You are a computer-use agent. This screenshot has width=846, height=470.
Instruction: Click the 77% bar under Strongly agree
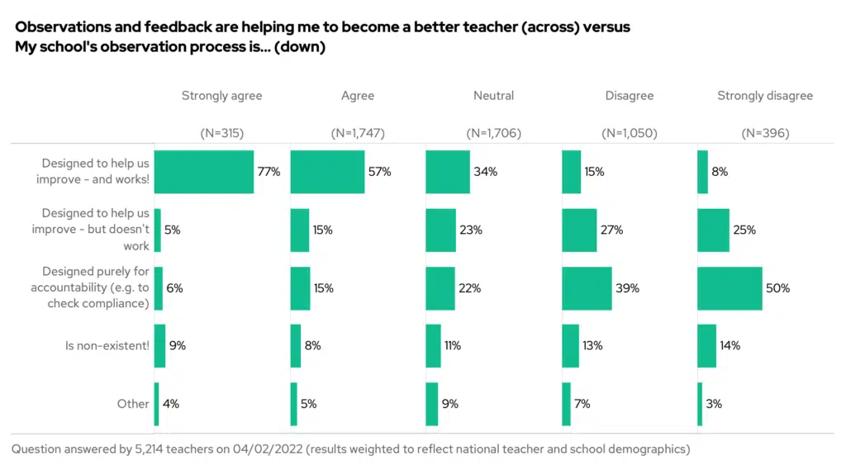tap(203, 172)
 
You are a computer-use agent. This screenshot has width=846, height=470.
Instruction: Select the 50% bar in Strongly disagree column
tap(730, 288)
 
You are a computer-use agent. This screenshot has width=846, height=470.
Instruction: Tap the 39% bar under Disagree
tap(587, 288)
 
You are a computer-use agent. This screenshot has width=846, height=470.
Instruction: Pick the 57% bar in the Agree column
tap(327, 172)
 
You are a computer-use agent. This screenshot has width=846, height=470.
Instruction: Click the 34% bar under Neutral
tap(448, 172)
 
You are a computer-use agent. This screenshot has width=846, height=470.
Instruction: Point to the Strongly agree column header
tap(221, 96)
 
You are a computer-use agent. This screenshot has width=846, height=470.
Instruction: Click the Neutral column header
tap(493, 96)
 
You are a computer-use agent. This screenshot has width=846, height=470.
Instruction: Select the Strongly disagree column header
tap(765, 96)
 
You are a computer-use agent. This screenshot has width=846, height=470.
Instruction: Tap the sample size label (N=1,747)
tap(358, 133)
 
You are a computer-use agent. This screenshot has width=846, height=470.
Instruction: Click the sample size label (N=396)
tap(765, 133)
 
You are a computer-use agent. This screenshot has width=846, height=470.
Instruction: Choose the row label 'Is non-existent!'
tap(107, 346)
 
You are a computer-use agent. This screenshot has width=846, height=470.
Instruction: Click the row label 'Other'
tap(133, 404)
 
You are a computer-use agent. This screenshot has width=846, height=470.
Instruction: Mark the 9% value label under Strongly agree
tap(177, 346)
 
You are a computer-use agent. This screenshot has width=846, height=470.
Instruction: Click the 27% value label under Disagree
tap(612, 230)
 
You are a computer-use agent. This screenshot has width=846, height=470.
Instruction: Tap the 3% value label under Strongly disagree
tap(714, 404)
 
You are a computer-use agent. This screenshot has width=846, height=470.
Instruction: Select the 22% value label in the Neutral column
tap(470, 288)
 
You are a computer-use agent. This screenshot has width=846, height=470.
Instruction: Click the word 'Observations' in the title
tap(62, 27)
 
